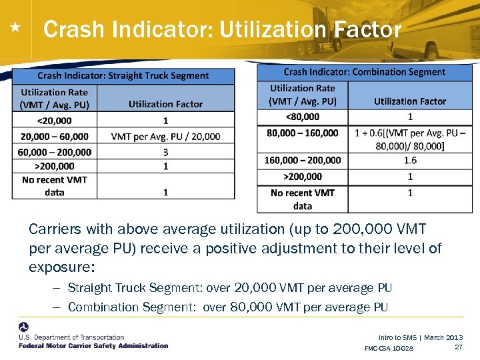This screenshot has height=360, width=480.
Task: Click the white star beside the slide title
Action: click(16, 28)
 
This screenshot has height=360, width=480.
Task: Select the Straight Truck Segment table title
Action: click(123, 75)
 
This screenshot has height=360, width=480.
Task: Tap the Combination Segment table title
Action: click(364, 72)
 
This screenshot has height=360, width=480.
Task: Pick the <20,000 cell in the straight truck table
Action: click(55, 121)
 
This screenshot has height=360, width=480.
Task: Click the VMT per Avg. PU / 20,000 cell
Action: click(165, 136)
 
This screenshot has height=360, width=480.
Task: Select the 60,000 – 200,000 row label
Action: click(55, 152)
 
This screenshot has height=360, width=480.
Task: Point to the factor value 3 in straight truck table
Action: click(165, 152)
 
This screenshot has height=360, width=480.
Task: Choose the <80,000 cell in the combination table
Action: click(302, 117)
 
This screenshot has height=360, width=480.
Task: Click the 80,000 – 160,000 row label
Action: click(302, 133)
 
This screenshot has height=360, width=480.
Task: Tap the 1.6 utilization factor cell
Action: click(410, 160)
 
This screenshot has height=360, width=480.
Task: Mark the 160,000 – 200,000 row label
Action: click(303, 160)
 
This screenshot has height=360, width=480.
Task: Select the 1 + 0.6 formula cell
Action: click(410, 139)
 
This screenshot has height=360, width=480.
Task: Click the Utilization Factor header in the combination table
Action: click(410, 101)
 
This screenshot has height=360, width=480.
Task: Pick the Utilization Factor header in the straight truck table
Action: click(165, 104)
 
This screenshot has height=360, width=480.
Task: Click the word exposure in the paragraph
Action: click(61, 267)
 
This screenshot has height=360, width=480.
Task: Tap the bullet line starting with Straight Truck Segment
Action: click(230, 288)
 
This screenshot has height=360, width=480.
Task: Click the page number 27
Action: click(458, 347)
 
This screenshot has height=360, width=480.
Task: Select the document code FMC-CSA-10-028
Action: click(389, 349)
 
